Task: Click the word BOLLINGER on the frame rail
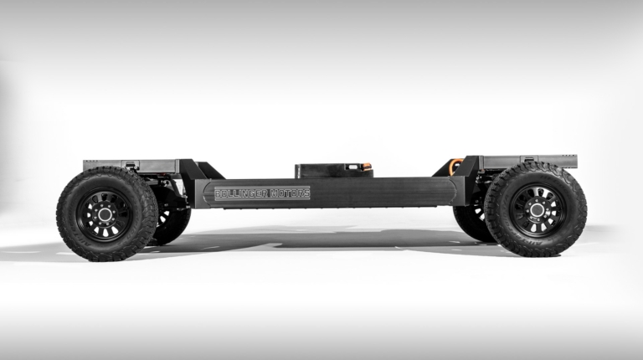coord(241,193)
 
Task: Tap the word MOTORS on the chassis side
coord(289,193)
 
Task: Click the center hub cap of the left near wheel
coord(105,213)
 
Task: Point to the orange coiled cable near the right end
coord(455,165)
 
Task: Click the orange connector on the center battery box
coord(368,166)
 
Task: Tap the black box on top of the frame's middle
coord(333,171)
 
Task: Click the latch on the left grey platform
coord(131,165)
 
